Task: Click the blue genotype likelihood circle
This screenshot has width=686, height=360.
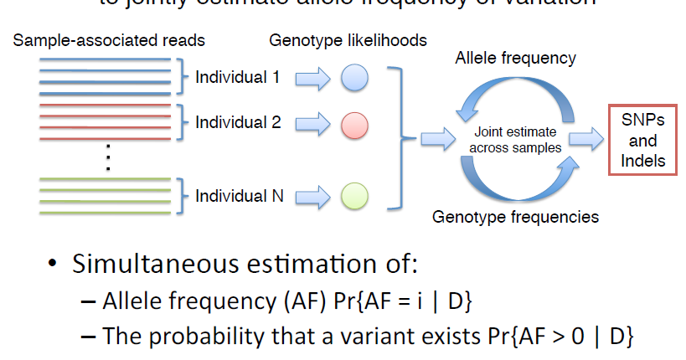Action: [x=355, y=79]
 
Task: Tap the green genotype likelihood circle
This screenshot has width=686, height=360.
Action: [x=355, y=197]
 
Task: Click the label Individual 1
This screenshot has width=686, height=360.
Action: [x=238, y=79]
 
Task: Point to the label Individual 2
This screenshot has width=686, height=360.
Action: [x=238, y=122]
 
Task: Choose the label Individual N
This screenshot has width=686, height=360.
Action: [x=240, y=197]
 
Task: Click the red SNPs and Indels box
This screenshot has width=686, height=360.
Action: [x=643, y=140]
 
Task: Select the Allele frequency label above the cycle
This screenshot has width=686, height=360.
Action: [x=515, y=59]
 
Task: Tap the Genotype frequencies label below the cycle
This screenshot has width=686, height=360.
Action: [x=515, y=217]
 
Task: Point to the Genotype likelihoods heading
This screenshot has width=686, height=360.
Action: [x=348, y=40]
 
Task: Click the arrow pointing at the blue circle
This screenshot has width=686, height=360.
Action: [x=312, y=80]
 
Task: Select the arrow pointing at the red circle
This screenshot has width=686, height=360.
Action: [x=312, y=126]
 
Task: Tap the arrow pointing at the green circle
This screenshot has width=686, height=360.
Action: [x=312, y=197]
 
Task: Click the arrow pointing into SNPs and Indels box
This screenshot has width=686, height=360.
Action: [x=585, y=139]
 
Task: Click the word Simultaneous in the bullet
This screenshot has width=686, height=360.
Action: [x=159, y=265]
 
